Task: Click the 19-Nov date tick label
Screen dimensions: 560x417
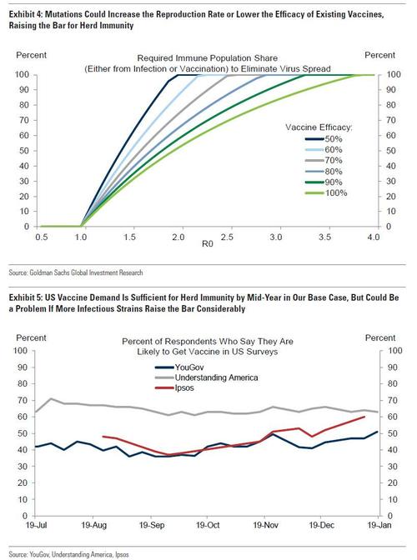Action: click(264, 527)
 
